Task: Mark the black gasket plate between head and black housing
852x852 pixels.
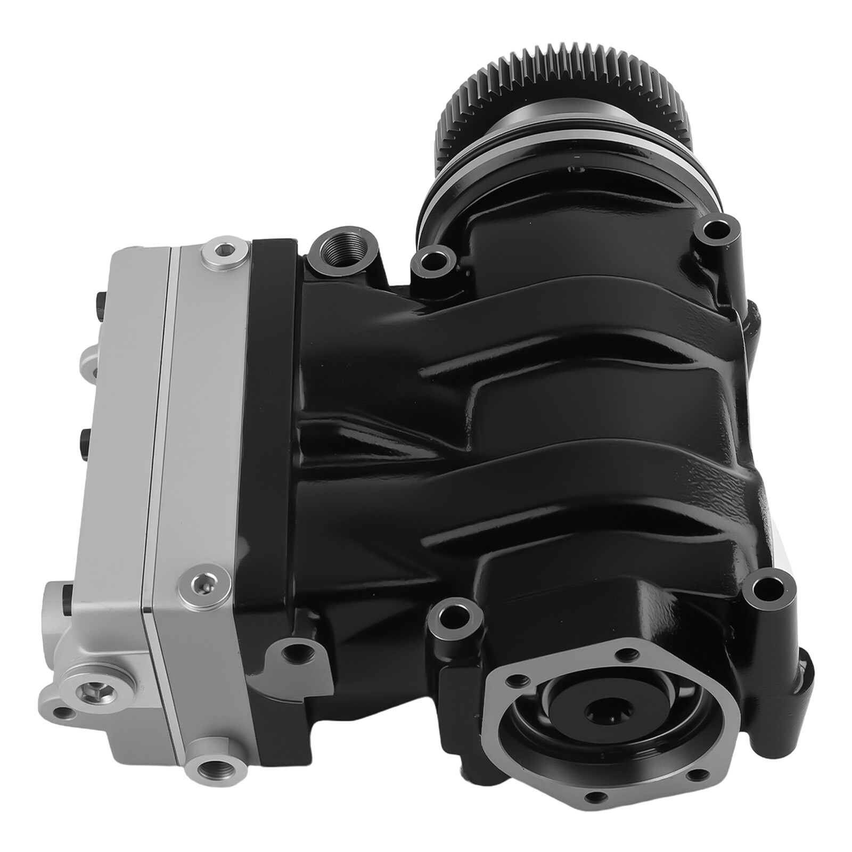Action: (x=272, y=426)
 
